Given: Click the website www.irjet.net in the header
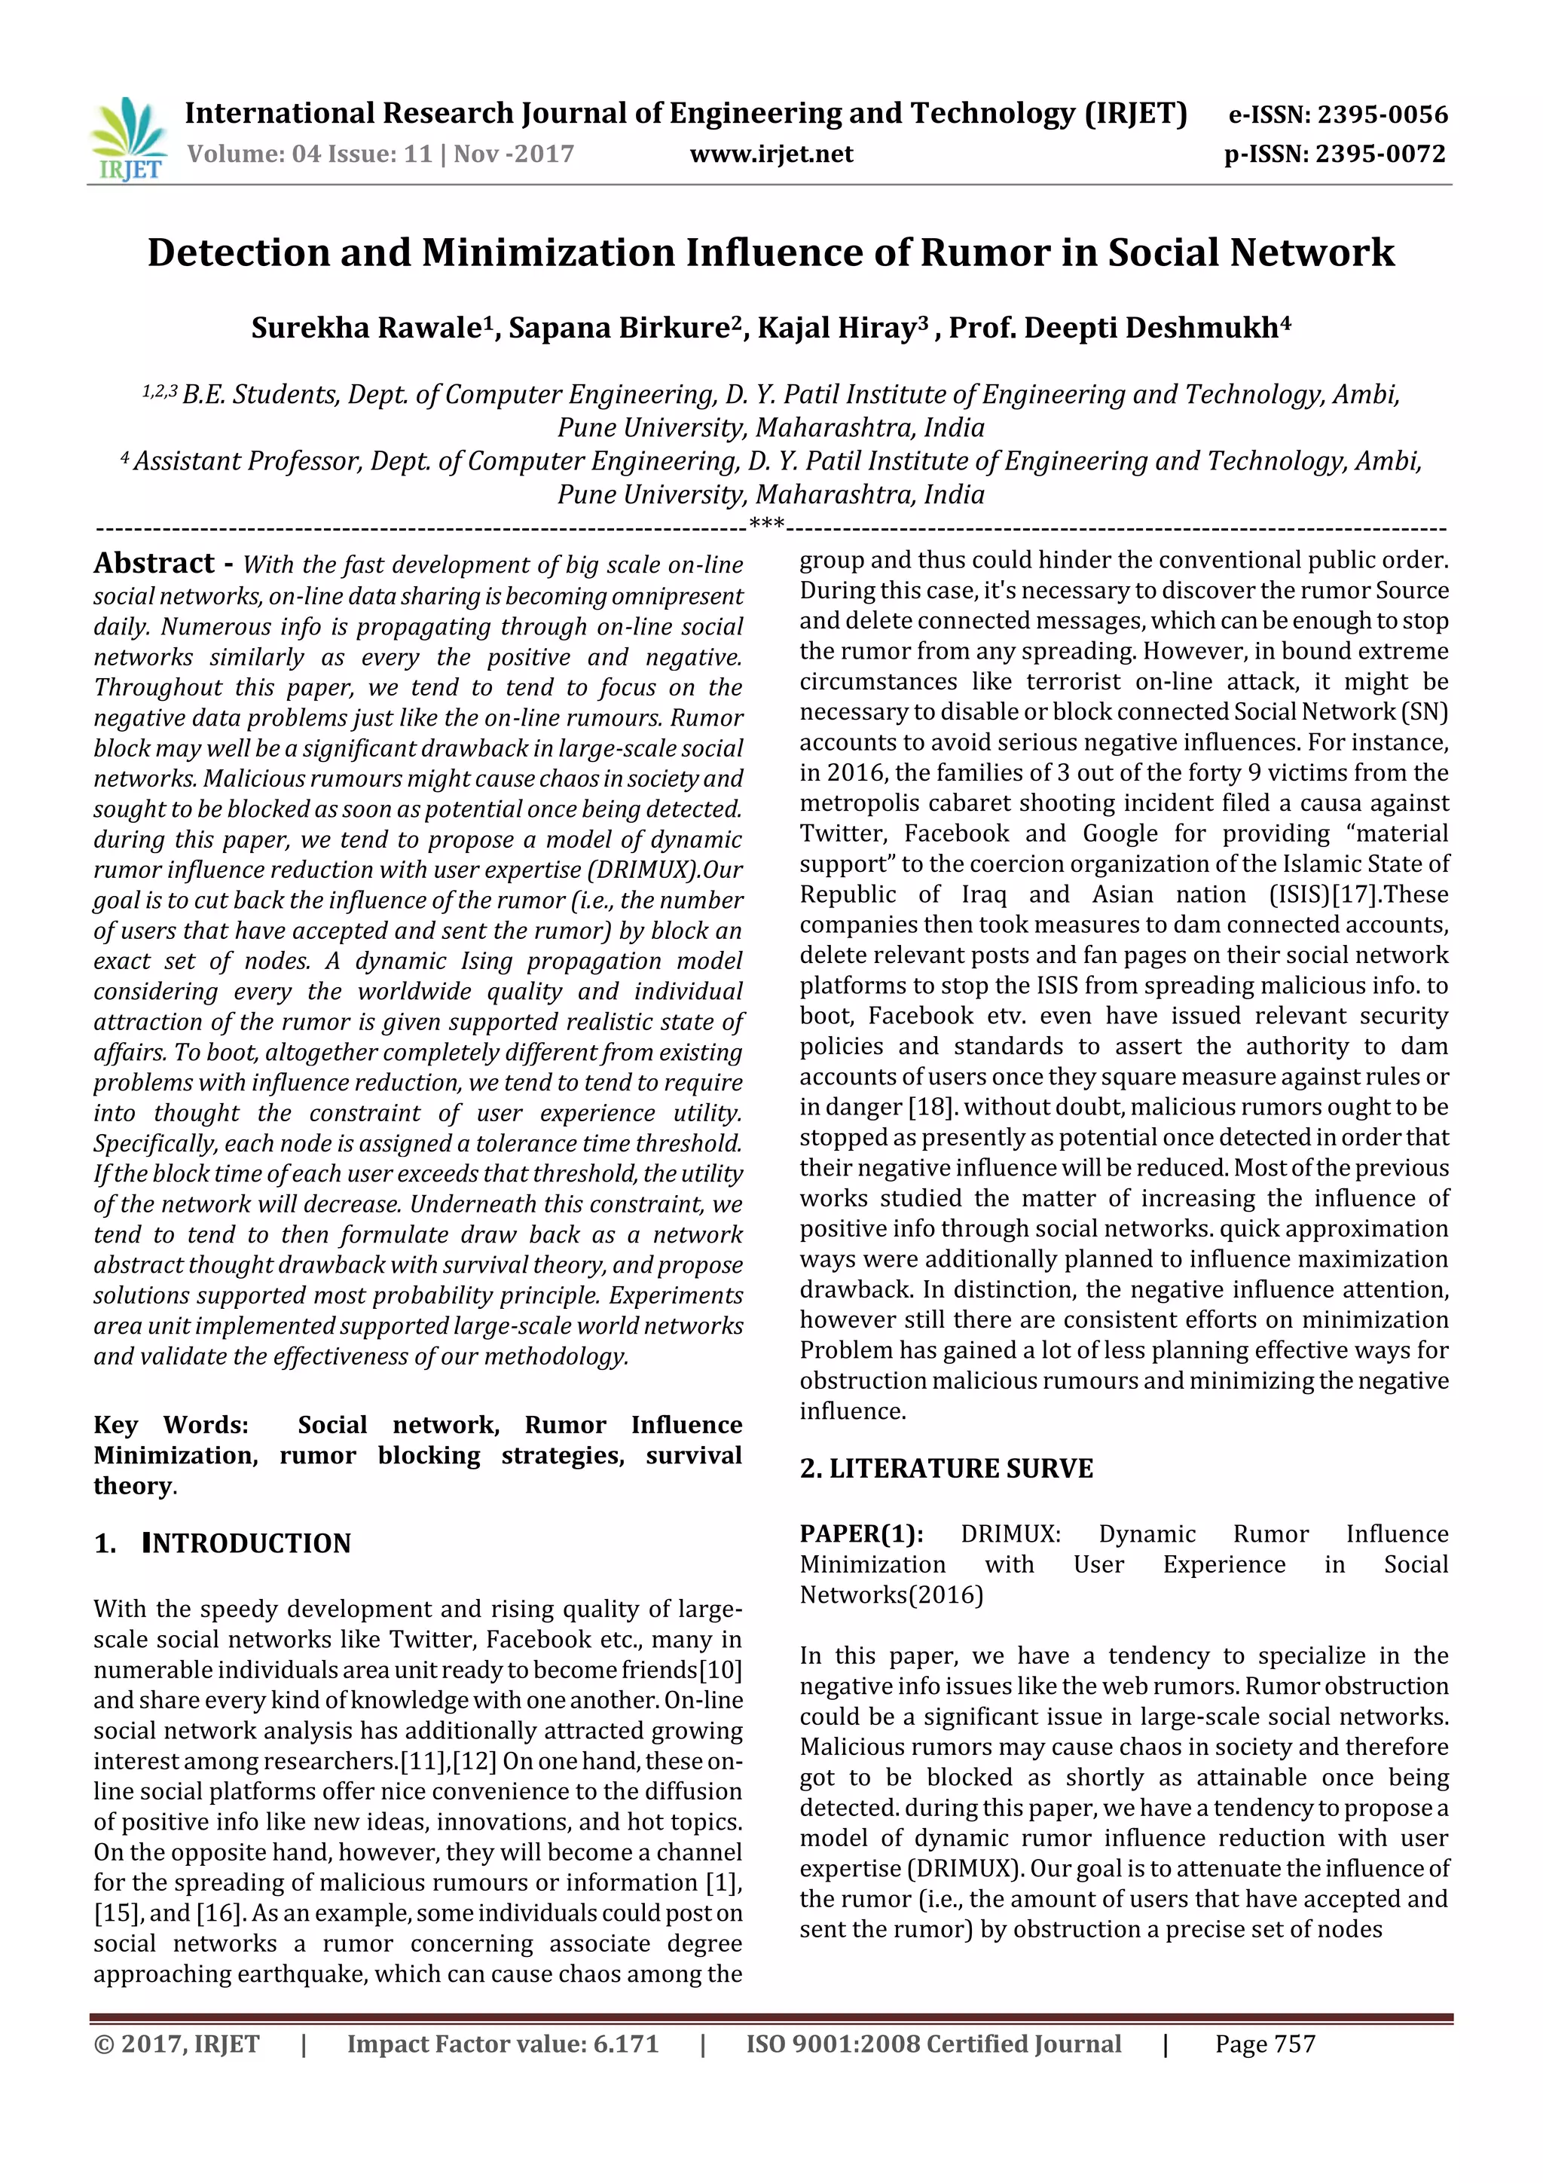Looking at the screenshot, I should [771, 154].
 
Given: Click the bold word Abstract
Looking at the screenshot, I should [154, 564].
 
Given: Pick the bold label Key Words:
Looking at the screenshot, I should [171, 1424].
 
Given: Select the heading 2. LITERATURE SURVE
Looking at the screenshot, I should [946, 1468].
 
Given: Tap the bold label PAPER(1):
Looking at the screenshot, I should [860, 1533].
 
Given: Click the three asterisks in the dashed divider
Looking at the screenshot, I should [767, 523].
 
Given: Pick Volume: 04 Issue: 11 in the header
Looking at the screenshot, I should [310, 154].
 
